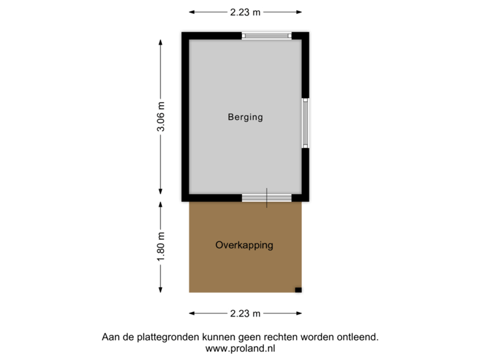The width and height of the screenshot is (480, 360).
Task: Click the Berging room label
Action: point(245,117)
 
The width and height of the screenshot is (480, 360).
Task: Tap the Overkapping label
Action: point(244,245)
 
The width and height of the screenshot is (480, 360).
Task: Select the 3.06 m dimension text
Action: point(160,117)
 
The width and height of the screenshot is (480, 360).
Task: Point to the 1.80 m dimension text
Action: point(160,247)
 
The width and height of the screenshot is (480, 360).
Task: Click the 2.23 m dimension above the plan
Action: point(245,11)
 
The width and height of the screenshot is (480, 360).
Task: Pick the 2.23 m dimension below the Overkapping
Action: point(245,313)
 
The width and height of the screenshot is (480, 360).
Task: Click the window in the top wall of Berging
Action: point(266,36)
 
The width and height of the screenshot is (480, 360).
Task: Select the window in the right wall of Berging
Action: point(306,123)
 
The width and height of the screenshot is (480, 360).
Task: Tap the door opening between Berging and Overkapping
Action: point(266,197)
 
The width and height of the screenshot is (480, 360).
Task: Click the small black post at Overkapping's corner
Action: point(299,290)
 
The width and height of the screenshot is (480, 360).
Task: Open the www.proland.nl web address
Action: point(240,348)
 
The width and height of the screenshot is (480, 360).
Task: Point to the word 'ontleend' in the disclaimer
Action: point(360,337)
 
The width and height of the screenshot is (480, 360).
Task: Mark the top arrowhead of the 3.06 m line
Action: point(160,40)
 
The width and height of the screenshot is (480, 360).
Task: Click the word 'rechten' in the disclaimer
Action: point(275,337)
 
